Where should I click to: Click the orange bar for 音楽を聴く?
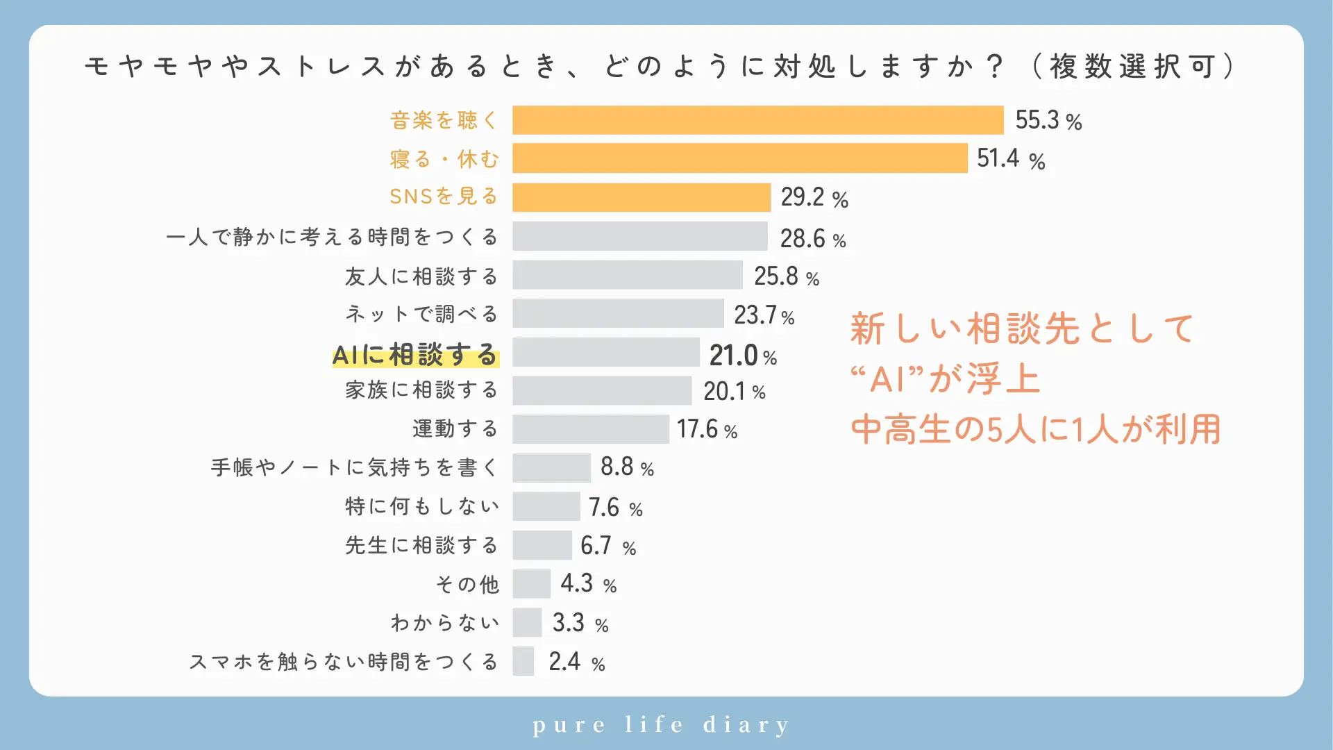[757, 120]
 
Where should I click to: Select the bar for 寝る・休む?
[739, 158]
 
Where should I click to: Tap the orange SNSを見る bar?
[642, 197]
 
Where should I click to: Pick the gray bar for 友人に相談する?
[628, 275]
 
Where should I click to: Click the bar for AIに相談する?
[606, 352]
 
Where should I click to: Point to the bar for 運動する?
[591, 429]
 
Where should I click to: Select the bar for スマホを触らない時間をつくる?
[523, 661]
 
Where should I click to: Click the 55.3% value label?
[1048, 120]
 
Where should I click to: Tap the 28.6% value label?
[813, 238]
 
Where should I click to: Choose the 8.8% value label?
[627, 467]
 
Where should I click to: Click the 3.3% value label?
[580, 623]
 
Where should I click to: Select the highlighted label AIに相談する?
[415, 355]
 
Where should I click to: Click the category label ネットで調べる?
[421, 314]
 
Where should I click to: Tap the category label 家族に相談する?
[421, 390]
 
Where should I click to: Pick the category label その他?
[467, 584]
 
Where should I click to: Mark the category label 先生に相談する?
[421, 545]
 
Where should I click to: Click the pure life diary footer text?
[661, 725]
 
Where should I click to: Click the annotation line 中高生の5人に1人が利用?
[1035, 429]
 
